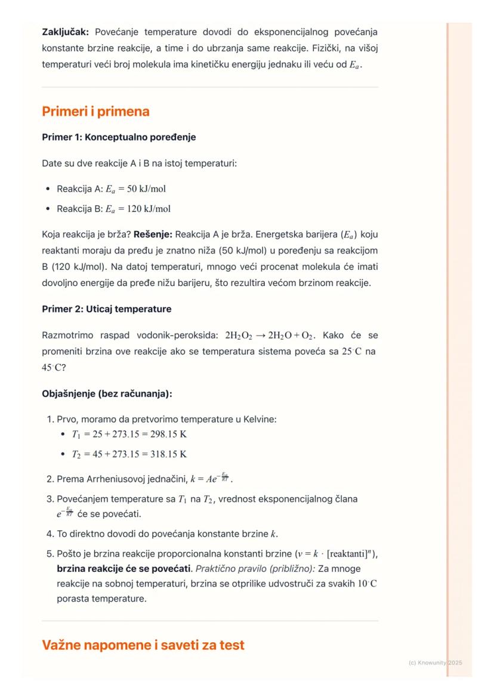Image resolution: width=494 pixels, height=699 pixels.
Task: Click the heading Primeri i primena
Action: pos(95,111)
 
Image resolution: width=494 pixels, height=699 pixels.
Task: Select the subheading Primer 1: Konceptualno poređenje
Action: pos(119,137)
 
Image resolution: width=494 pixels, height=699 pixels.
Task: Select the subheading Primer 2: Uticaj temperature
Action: pos(106,309)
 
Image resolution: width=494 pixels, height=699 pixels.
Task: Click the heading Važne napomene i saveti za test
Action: pos(143,645)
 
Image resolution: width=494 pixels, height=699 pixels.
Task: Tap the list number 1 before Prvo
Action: pos(50,419)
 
